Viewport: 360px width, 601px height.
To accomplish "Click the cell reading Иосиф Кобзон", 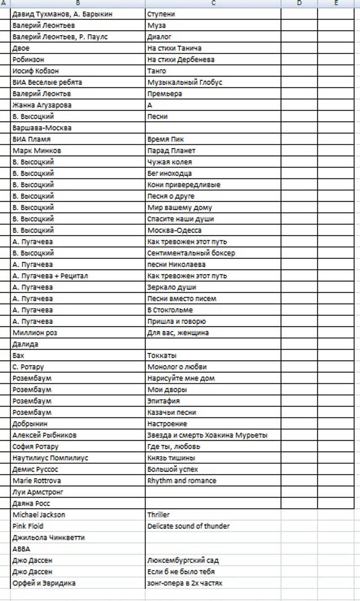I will [36, 71].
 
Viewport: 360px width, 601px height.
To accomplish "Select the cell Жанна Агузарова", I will [42, 105].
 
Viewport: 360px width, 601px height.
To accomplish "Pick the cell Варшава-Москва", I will [42, 128].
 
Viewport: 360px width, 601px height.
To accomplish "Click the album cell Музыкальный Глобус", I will [184, 82].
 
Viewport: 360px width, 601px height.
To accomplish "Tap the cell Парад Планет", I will [171, 151].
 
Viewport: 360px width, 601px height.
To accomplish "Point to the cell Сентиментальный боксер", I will [191, 253].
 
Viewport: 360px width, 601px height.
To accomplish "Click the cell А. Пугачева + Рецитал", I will [50, 276].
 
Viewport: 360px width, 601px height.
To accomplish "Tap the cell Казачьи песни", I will [172, 412].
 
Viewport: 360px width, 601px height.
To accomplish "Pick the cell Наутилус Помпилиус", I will [50, 458].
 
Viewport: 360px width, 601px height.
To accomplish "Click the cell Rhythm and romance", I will [182, 481].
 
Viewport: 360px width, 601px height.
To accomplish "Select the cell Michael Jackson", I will [39, 515].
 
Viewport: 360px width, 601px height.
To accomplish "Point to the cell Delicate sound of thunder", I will [189, 526].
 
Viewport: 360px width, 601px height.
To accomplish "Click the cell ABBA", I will [22, 549].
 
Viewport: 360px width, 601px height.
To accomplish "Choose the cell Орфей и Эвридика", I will [44, 583].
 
